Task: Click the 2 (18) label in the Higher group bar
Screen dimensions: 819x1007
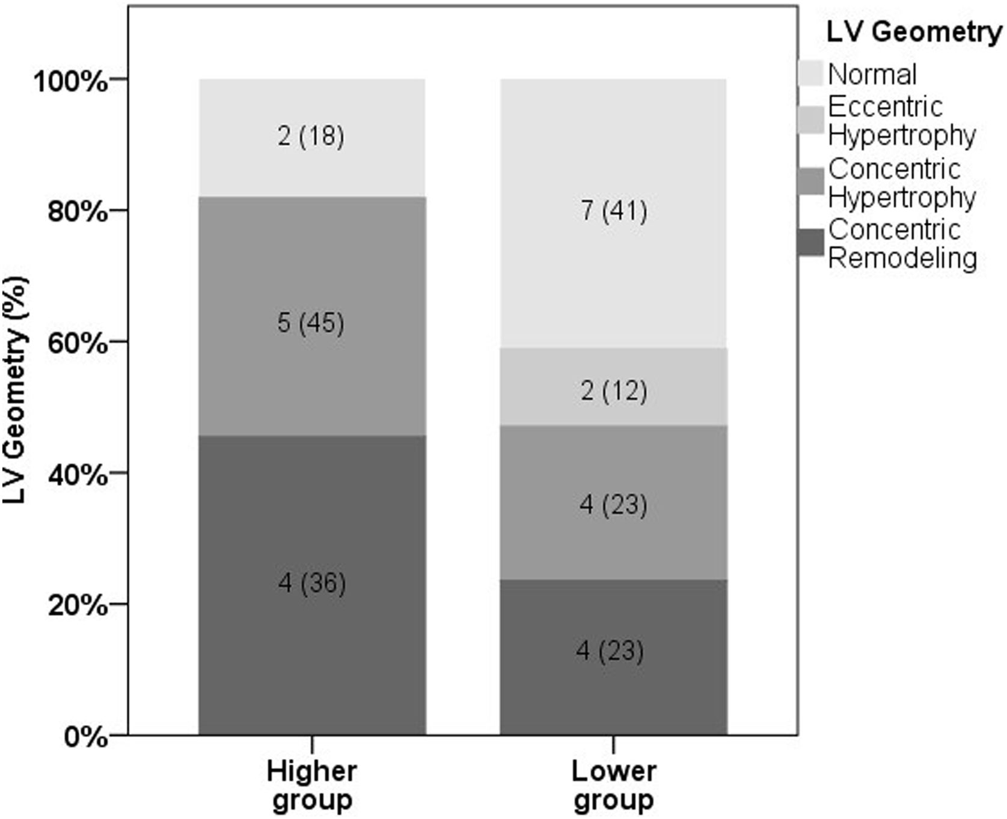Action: point(311,136)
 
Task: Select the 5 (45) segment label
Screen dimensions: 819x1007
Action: point(311,323)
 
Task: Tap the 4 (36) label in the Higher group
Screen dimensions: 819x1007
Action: point(312,583)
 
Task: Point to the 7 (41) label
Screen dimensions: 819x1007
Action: point(614,211)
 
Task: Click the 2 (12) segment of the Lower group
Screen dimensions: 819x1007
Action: point(614,391)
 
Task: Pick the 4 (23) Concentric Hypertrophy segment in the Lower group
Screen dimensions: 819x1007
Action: point(614,504)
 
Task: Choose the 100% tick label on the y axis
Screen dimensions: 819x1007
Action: point(70,81)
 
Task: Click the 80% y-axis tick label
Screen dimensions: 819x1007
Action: point(77,212)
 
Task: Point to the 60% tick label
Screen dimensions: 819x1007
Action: point(77,344)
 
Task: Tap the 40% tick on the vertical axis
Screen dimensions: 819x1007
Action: point(77,475)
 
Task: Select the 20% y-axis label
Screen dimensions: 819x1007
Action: point(77,606)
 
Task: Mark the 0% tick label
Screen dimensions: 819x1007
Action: point(85,737)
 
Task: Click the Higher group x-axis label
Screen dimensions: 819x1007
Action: point(312,785)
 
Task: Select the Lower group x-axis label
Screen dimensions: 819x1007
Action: point(614,785)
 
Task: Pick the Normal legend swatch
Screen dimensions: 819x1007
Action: point(810,73)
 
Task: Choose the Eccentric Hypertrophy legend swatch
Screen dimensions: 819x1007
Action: point(810,120)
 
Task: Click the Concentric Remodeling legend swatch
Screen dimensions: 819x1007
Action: point(810,243)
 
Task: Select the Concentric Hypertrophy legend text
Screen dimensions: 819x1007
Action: point(901,183)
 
